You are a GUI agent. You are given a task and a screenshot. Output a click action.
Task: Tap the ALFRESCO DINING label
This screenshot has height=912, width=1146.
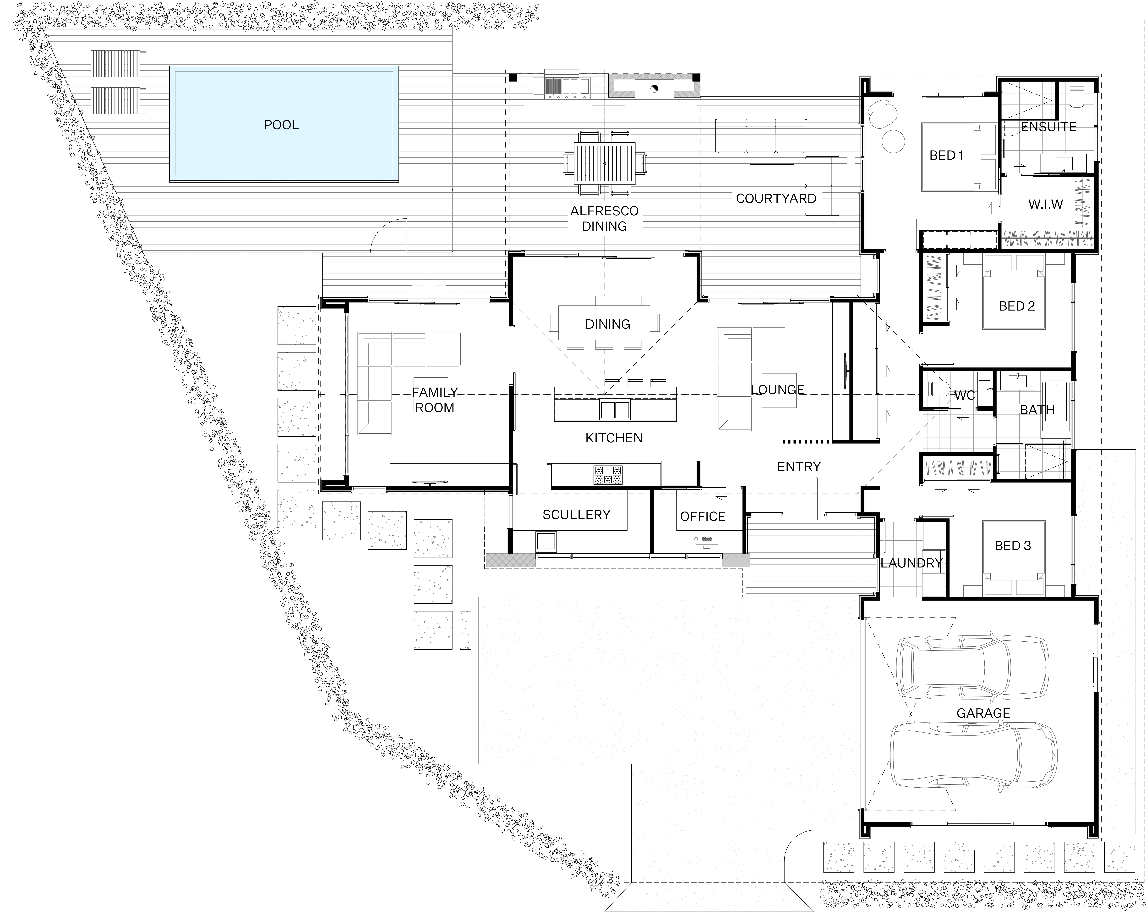604,219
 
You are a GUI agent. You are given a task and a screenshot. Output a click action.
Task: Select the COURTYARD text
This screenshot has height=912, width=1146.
776,198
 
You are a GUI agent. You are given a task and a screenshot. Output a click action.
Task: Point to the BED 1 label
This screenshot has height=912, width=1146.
946,155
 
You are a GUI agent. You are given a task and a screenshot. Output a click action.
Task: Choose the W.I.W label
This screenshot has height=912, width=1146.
1046,204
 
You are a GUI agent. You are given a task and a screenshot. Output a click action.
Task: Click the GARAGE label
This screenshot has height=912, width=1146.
983,713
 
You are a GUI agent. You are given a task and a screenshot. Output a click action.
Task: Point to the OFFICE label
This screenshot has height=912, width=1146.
703,516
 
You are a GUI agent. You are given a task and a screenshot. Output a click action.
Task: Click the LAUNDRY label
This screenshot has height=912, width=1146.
912,563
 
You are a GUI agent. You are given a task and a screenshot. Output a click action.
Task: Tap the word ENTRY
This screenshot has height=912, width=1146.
799,466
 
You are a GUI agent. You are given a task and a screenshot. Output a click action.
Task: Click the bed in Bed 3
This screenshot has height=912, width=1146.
1014,557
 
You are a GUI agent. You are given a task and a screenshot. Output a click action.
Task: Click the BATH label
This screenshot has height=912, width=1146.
1037,410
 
